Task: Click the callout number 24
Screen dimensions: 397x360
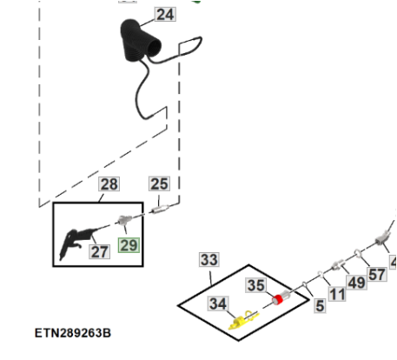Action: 165,15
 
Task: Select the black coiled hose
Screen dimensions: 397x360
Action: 141,41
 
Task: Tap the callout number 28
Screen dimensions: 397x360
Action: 109,184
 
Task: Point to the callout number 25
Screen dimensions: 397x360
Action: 159,183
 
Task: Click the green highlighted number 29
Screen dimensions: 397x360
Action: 129,245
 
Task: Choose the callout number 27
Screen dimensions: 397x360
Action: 99,251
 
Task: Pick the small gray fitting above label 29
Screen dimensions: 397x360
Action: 125,220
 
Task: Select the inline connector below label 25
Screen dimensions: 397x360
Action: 160,209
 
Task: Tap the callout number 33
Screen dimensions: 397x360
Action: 209,260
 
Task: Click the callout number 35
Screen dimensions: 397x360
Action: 256,285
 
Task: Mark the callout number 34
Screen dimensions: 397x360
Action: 218,303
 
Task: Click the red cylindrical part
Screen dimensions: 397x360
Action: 278,300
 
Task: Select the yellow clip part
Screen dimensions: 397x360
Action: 242,321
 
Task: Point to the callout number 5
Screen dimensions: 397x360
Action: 320,306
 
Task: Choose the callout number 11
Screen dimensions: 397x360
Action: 337,295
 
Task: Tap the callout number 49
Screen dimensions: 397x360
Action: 356,283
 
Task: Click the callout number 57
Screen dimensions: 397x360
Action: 377,275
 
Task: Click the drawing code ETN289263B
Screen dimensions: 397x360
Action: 73,333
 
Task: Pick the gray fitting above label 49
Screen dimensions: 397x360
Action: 338,264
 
